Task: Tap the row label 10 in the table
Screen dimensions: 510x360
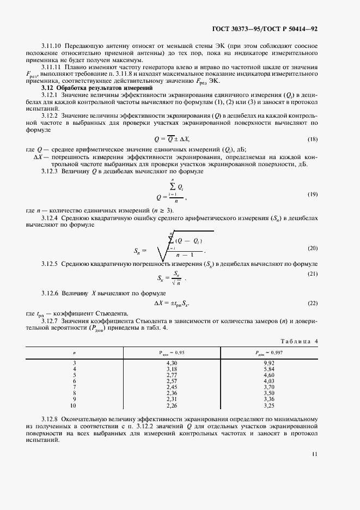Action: (75, 405)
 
